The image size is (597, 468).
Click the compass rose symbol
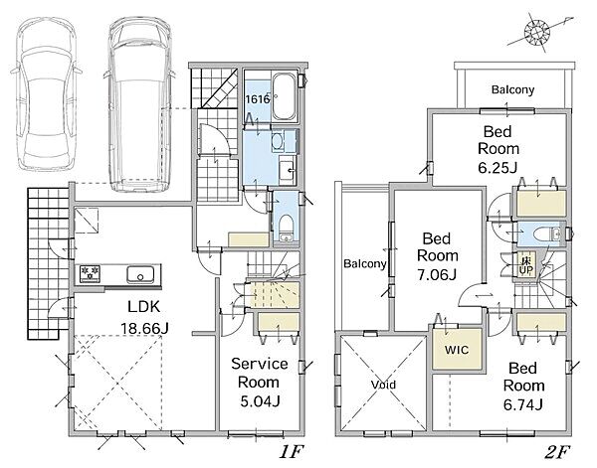point(537,31)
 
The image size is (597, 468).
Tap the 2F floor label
point(557,452)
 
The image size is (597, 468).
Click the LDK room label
point(144,306)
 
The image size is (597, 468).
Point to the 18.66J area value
point(144,328)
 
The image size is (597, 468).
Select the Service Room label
point(260,373)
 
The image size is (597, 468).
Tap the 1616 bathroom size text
point(258,99)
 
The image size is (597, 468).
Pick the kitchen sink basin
point(140,273)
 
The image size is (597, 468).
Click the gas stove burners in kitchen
point(90,273)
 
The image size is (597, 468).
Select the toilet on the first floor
point(286,228)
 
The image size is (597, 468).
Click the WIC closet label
point(457,350)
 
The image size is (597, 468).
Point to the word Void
point(383,385)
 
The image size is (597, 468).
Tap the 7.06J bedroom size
point(437,274)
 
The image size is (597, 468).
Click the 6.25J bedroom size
point(497,167)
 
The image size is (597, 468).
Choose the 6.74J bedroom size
point(523,404)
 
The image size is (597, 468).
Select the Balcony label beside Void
point(365,263)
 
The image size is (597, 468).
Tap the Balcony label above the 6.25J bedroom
point(512,89)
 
